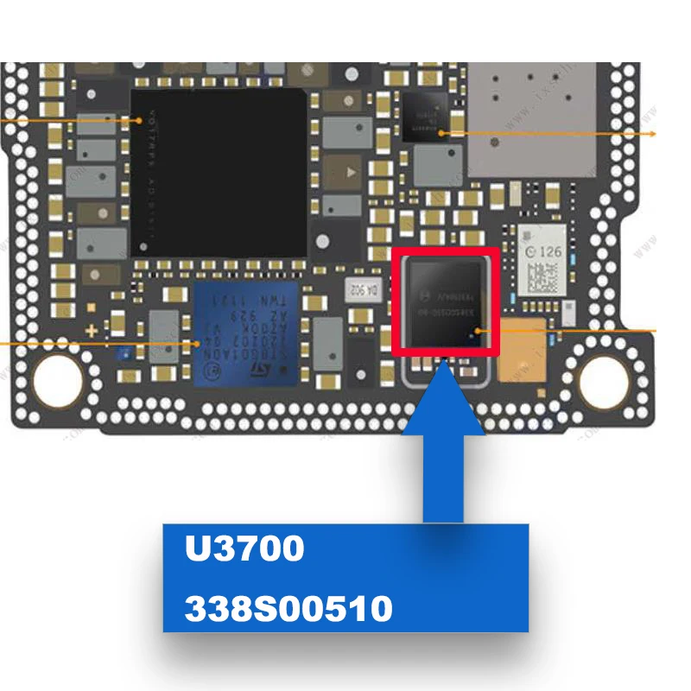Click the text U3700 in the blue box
[x=244, y=550]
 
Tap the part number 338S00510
[x=288, y=609]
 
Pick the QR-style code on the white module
[x=542, y=277]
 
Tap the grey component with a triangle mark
[x=348, y=172]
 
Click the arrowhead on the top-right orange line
[x=653, y=134]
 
